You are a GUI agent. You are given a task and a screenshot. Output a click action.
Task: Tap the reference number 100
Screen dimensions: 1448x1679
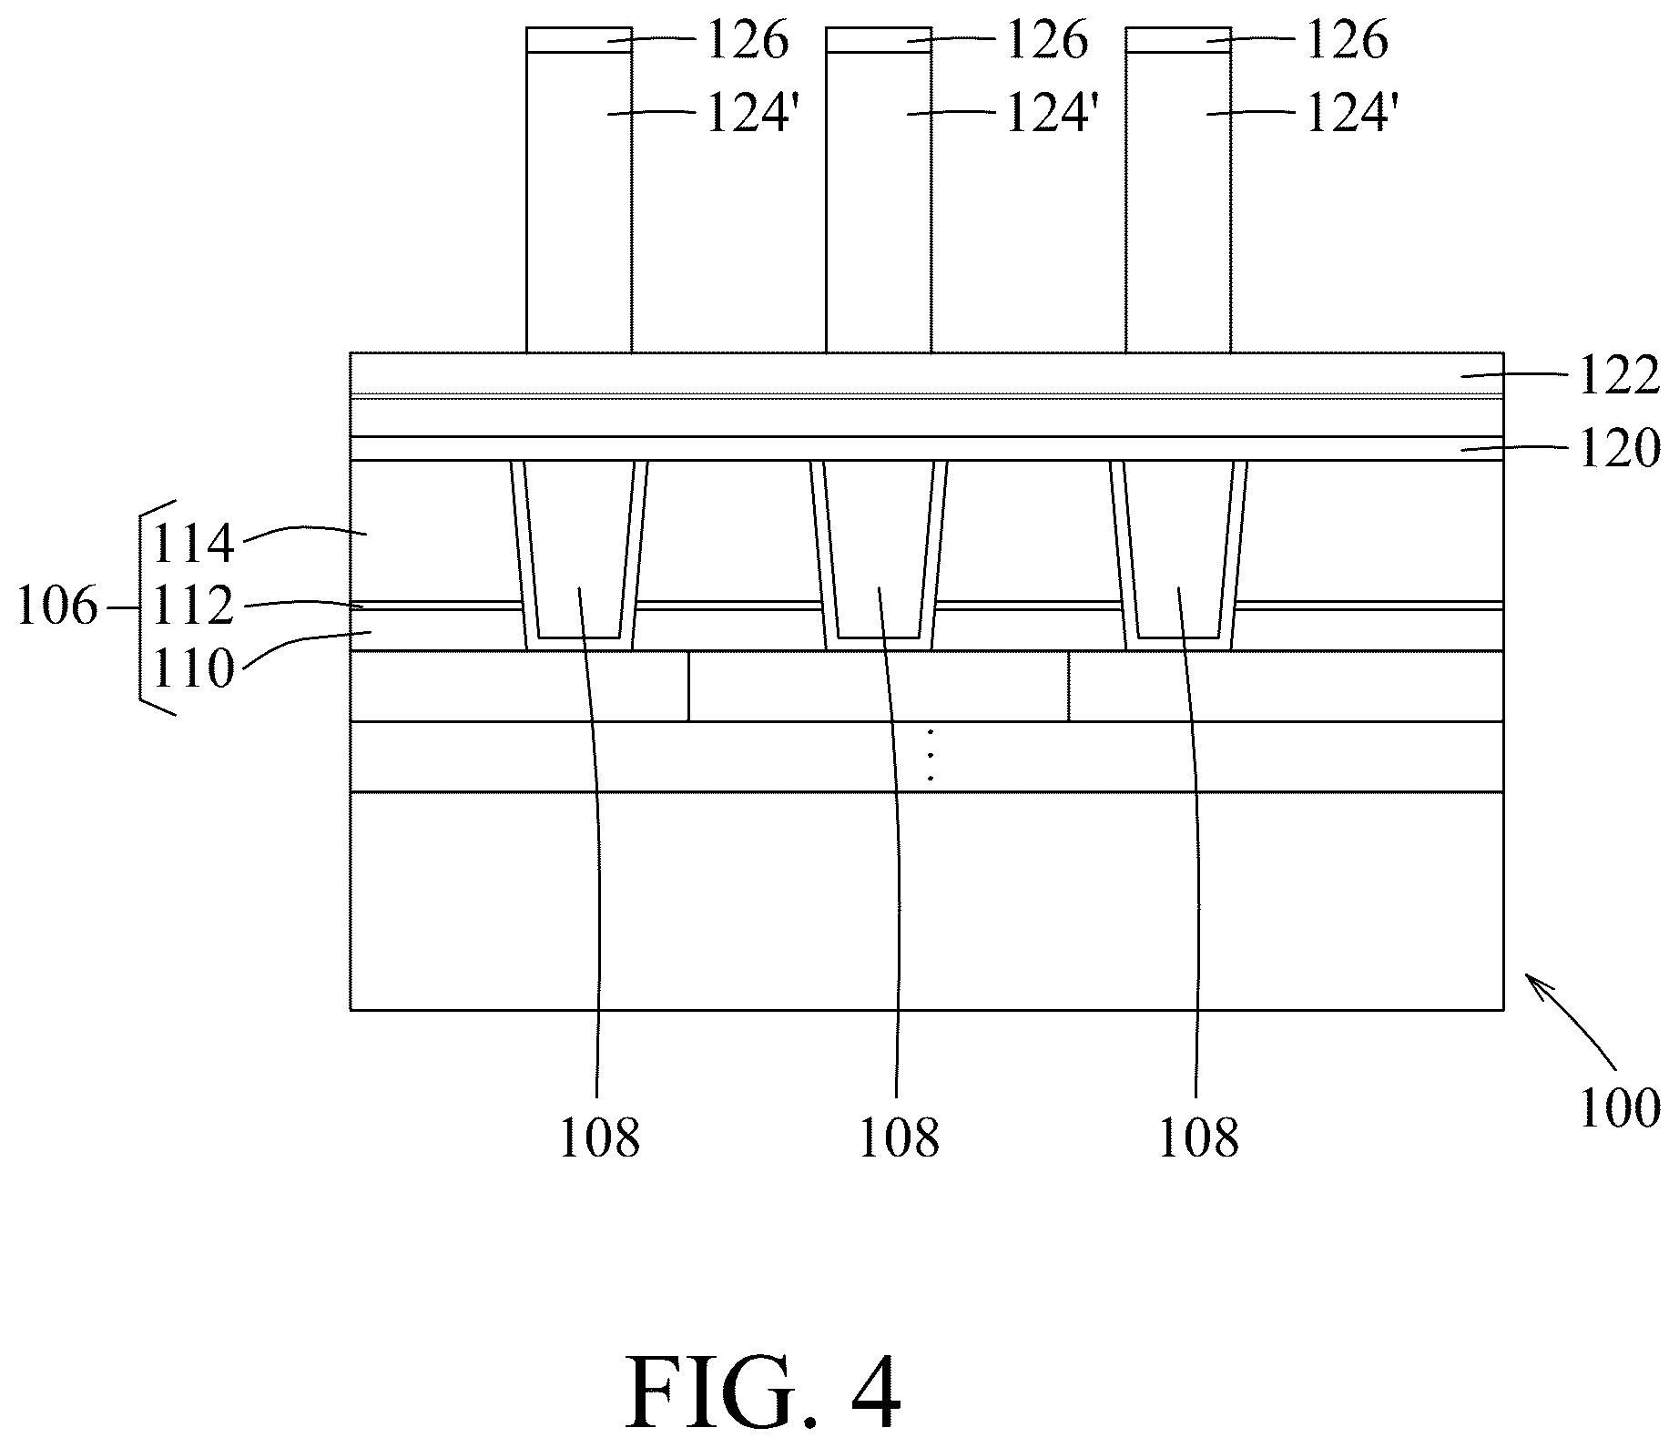pyautogui.click(x=1619, y=1108)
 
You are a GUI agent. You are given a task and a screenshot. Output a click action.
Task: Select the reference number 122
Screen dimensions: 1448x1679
pyautogui.click(x=1619, y=376)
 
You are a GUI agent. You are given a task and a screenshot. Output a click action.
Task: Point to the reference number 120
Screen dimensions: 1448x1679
pyautogui.click(x=1619, y=449)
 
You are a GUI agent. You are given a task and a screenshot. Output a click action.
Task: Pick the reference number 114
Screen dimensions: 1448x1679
pyautogui.click(x=193, y=545)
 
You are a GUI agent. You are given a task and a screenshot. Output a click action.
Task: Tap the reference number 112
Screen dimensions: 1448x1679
pyautogui.click(x=193, y=607)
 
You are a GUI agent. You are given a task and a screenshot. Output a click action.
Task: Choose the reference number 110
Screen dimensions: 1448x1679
pyautogui.click(x=193, y=669)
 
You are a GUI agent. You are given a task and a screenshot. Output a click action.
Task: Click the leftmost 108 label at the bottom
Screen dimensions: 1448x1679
pyautogui.click(x=599, y=1137)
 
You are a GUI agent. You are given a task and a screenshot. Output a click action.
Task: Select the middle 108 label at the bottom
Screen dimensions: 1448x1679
pyautogui.click(x=899, y=1137)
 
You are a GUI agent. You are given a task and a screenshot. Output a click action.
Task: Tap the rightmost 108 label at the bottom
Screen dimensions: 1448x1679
pyautogui.click(x=1197, y=1137)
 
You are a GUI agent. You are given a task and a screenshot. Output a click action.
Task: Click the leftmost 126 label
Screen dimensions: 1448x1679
pyautogui.click(x=748, y=41)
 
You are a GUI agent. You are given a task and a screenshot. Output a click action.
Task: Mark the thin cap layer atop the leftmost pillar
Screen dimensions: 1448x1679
pyautogui.click(x=579, y=39)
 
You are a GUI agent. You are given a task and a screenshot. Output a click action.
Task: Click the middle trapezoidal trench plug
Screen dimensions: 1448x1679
pyautogui.click(x=879, y=546)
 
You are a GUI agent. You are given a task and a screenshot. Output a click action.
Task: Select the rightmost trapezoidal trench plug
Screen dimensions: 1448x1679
pyautogui.click(x=1178, y=546)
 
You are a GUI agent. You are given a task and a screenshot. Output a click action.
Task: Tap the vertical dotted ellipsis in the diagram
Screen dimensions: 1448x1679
pyautogui.click(x=930, y=756)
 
